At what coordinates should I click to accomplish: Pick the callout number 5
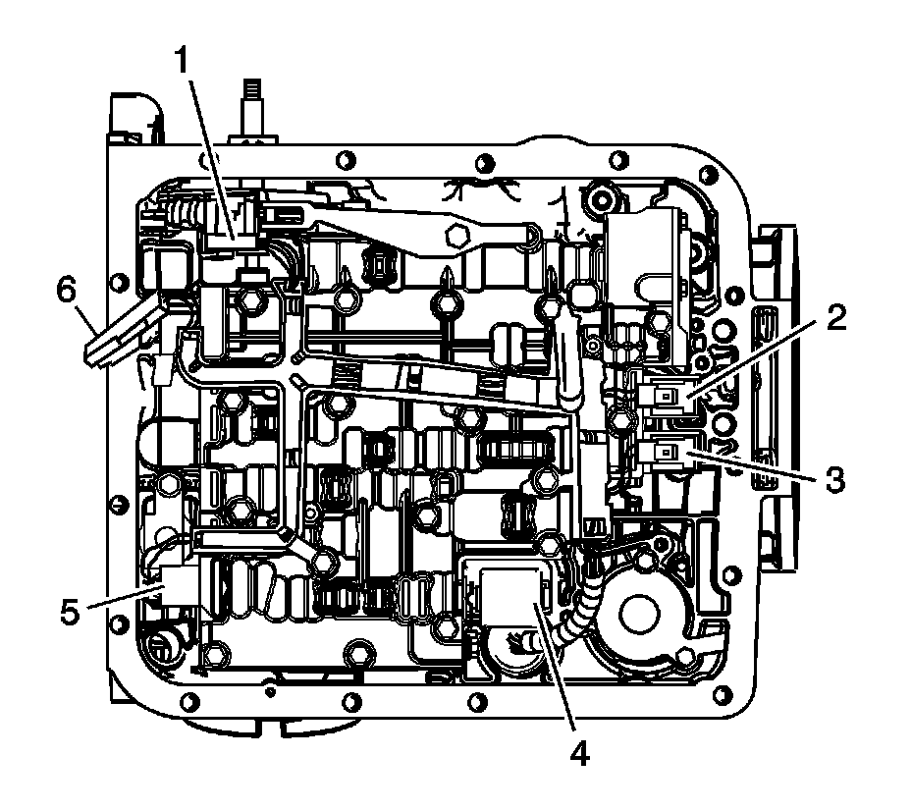70,612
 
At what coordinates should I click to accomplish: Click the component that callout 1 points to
234,234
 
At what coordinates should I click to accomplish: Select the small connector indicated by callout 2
665,396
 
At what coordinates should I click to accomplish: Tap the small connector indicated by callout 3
665,453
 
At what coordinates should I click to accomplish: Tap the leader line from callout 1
206,147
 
